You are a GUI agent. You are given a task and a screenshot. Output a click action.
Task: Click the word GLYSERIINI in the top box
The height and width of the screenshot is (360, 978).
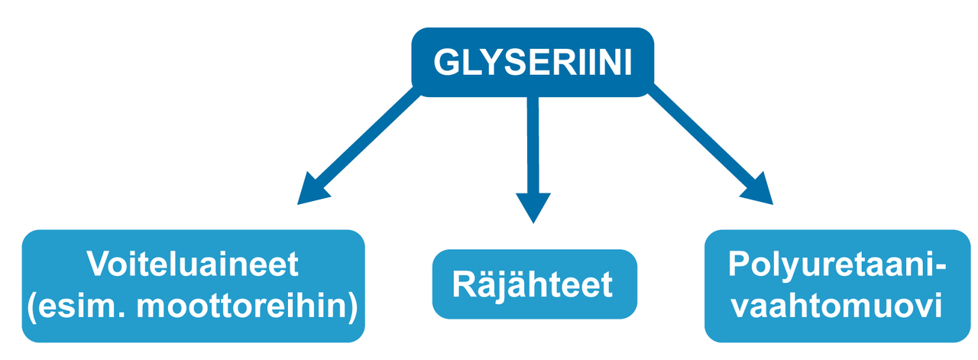coord(533,63)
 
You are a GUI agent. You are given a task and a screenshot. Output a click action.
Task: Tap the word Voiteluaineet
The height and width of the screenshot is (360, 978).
coord(193,265)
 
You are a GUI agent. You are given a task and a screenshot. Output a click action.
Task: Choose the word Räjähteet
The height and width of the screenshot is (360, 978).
coord(533,284)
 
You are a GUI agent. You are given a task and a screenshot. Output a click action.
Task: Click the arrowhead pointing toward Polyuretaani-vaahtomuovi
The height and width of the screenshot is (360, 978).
coord(756,190)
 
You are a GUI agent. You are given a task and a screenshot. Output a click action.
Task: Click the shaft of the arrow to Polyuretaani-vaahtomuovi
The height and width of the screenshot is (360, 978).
coord(699,138)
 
